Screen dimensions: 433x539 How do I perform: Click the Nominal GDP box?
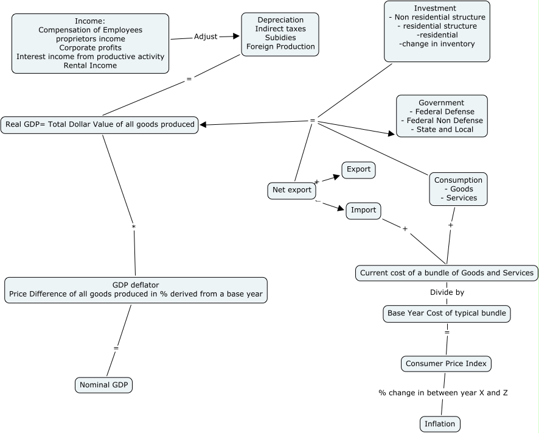104,385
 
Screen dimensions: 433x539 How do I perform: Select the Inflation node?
440,424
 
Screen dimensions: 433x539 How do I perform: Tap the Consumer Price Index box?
446,364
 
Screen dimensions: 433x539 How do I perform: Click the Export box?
358,170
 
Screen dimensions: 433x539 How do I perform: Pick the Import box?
364,211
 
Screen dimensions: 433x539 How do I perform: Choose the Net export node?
291,191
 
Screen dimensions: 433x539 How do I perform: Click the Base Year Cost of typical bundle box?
447,314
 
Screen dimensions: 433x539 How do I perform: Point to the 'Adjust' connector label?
205,37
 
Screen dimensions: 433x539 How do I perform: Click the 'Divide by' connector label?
447,292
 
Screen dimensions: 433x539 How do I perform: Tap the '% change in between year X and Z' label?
443,393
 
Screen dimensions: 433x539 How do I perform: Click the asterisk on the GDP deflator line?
134,227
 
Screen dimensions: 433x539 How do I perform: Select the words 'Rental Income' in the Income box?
90,66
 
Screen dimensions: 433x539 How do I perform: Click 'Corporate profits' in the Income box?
90,48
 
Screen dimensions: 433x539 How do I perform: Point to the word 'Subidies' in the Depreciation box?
280,38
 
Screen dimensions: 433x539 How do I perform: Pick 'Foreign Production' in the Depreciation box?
280,47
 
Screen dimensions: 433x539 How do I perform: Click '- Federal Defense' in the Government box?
441,111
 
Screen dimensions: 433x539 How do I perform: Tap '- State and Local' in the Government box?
441,130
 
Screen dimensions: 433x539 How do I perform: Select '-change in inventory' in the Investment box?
436,44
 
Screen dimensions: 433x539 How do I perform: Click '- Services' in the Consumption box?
458,198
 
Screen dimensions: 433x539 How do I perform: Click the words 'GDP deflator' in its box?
136,284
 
